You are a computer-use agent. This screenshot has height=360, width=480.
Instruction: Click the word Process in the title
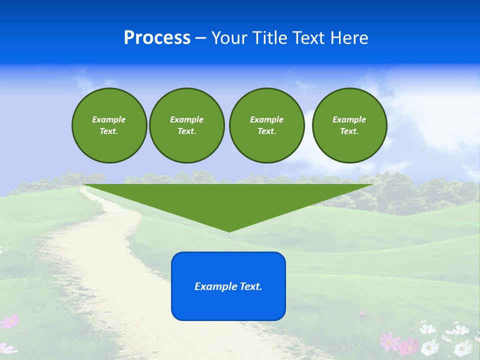(x=157, y=38)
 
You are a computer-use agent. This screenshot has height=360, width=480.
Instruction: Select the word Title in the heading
(x=271, y=38)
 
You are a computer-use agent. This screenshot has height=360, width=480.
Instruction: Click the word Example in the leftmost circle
(x=108, y=119)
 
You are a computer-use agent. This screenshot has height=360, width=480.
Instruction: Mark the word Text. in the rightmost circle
(x=349, y=131)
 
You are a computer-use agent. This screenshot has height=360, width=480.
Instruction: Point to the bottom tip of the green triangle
(x=229, y=230)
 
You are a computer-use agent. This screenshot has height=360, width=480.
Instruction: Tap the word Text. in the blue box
(x=251, y=286)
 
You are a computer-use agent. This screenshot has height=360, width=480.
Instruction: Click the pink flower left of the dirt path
(x=10, y=321)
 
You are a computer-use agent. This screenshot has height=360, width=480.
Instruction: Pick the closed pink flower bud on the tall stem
(x=363, y=314)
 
